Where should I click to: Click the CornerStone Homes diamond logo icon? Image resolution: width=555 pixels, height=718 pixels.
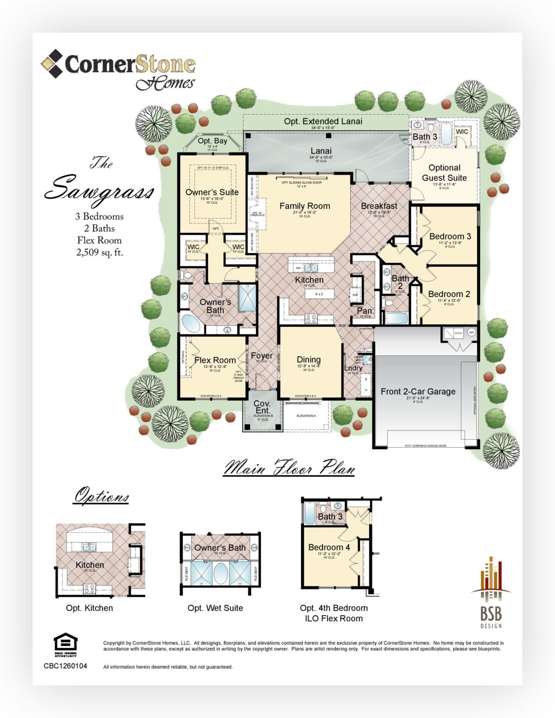tap(52, 64)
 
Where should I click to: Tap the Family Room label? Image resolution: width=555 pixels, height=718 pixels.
tap(304, 206)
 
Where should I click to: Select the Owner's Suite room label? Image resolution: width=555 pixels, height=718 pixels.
tap(212, 192)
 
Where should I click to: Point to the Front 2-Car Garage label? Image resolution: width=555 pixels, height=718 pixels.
tap(418, 392)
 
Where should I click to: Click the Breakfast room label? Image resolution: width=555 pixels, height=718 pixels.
tap(379, 206)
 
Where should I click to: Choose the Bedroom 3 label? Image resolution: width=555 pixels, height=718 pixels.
tap(450, 237)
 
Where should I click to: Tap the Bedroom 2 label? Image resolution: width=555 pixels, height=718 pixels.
tap(449, 294)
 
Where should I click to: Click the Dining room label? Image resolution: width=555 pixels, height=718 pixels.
tap(309, 359)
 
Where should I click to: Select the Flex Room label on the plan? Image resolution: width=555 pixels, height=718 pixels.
tap(215, 360)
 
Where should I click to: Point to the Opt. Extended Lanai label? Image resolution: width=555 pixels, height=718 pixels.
tap(323, 122)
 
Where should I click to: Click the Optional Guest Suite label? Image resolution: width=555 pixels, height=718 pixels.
tap(444, 173)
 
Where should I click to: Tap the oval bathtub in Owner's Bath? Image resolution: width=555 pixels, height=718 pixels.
tap(190, 323)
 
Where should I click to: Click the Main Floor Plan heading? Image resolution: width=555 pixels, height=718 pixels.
tap(289, 468)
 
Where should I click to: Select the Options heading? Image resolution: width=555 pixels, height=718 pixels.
tap(101, 496)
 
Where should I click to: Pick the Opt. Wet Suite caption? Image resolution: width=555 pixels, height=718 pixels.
tap(215, 608)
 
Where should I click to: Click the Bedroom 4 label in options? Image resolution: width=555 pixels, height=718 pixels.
tap(329, 547)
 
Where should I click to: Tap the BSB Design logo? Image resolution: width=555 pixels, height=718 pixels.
tap(490, 592)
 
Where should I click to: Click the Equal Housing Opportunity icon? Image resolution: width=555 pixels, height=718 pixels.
tap(65, 645)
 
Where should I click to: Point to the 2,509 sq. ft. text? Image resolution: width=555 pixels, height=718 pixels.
tap(100, 252)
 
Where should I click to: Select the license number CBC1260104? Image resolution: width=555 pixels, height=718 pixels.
tap(65, 666)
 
